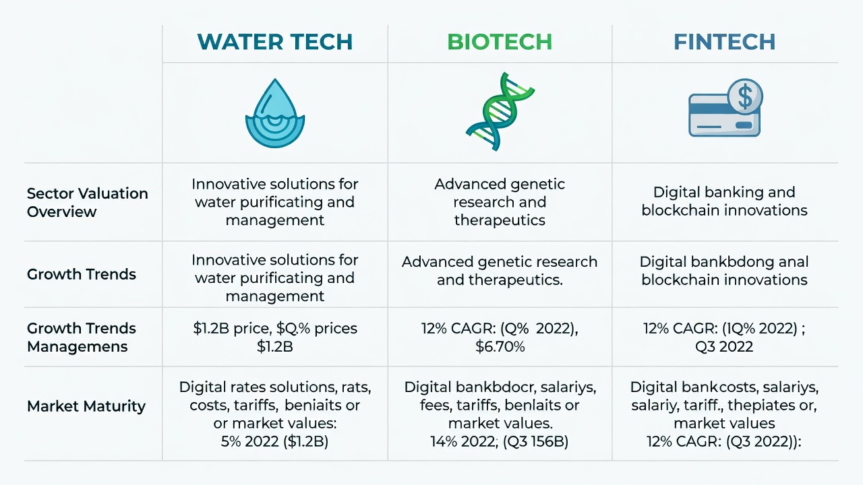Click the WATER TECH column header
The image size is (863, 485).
pos(274,42)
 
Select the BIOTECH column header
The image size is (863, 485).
pos(500,42)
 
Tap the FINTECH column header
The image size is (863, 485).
pos(724,42)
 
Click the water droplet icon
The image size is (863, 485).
pos(275,113)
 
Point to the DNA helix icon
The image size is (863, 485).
pos(500,112)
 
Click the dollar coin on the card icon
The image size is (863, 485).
pos(745,96)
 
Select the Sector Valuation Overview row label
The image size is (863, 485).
pos(88,203)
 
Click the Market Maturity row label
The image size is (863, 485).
pos(86,406)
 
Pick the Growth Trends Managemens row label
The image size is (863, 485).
pos(82,337)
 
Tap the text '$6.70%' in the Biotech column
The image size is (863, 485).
pos(500,346)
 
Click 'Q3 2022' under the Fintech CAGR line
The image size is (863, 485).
pos(724,346)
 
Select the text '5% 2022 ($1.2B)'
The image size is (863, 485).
pos(274,441)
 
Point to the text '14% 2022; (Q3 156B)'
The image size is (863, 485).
pos(500,441)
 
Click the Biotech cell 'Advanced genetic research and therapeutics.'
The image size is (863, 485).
pos(500,271)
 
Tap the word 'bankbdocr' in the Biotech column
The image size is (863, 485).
pos(496,387)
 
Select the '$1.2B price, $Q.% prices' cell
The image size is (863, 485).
pos(275,337)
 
